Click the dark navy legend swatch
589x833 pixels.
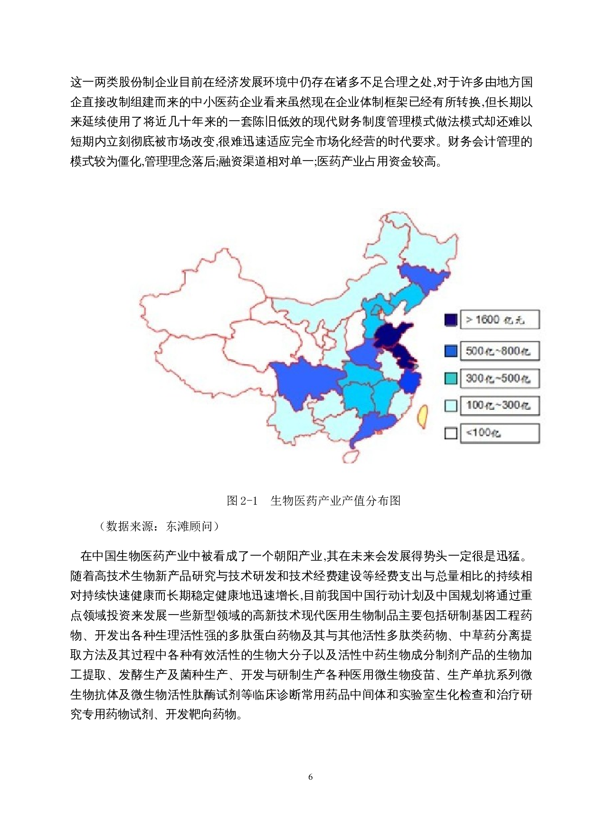coord(451,320)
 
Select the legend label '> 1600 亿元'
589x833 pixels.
coord(499,320)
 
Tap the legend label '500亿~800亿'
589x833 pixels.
coord(499,351)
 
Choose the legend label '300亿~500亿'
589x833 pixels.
coord(499,379)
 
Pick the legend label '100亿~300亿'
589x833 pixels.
coord(499,406)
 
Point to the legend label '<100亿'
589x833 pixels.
coord(499,433)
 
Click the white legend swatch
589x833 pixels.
coord(451,433)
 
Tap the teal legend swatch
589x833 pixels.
coord(451,379)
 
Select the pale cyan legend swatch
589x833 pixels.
coord(451,406)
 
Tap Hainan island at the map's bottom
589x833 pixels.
coord(351,456)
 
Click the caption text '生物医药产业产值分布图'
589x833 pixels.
coord(335,501)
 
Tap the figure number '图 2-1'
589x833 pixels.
coord(242,501)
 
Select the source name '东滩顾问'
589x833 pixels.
coord(189,526)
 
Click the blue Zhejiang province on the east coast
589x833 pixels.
coord(410,381)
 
